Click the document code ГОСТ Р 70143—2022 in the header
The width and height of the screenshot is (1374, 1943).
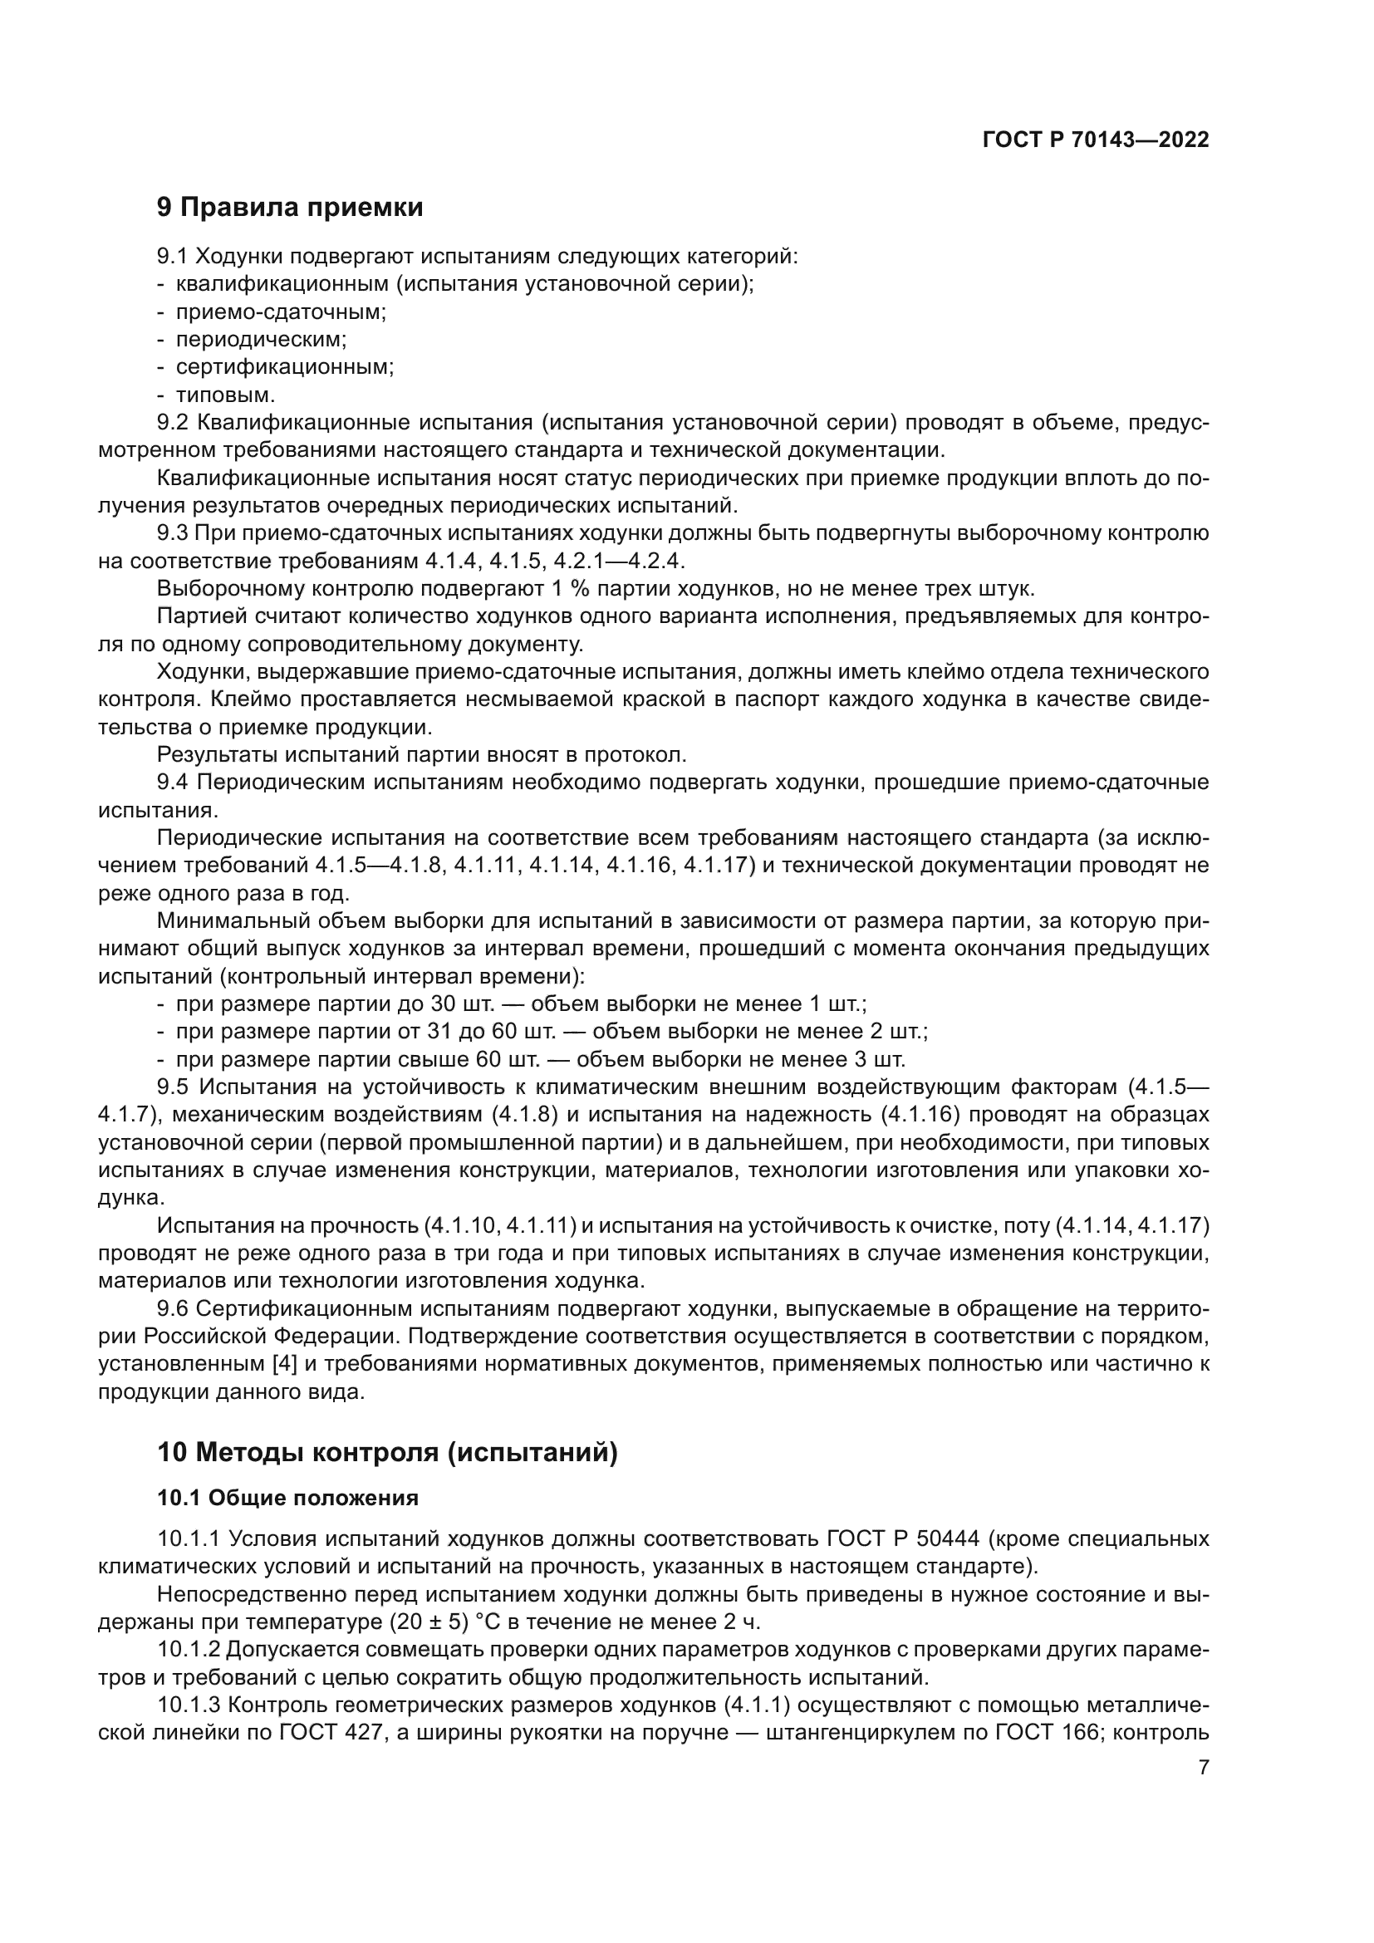[x=1096, y=140]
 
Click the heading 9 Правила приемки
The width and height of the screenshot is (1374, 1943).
[x=289, y=208]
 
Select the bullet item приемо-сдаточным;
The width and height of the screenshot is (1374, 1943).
[x=280, y=312]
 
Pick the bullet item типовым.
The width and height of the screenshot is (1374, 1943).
[x=225, y=395]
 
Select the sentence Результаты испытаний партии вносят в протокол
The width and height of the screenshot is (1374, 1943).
[x=421, y=755]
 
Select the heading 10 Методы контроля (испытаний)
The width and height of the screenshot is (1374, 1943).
[x=386, y=1453]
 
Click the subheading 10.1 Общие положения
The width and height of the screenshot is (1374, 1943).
[x=287, y=1499]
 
